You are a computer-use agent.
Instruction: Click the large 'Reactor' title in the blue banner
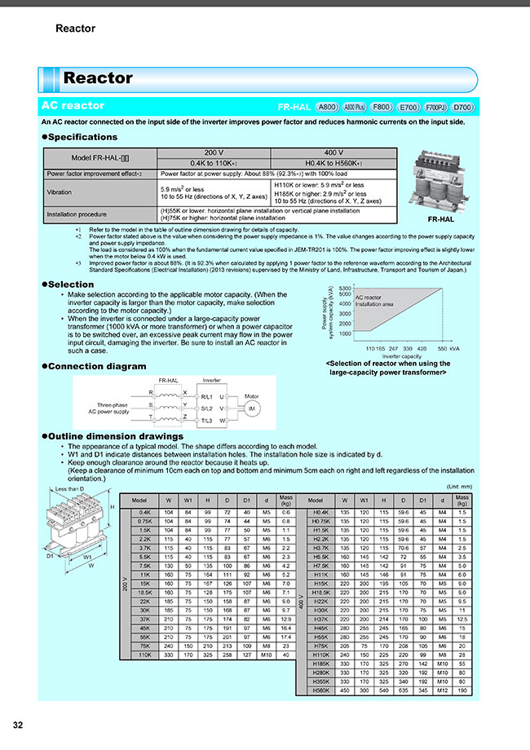[98, 78]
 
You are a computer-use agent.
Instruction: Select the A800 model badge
[327, 107]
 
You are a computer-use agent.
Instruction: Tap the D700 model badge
[463, 107]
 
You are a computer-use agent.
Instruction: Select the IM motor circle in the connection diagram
[252, 407]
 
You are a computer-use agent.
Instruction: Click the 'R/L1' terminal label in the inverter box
[207, 395]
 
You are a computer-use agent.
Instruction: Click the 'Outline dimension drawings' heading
[117, 438]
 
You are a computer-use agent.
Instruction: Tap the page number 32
[18, 726]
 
